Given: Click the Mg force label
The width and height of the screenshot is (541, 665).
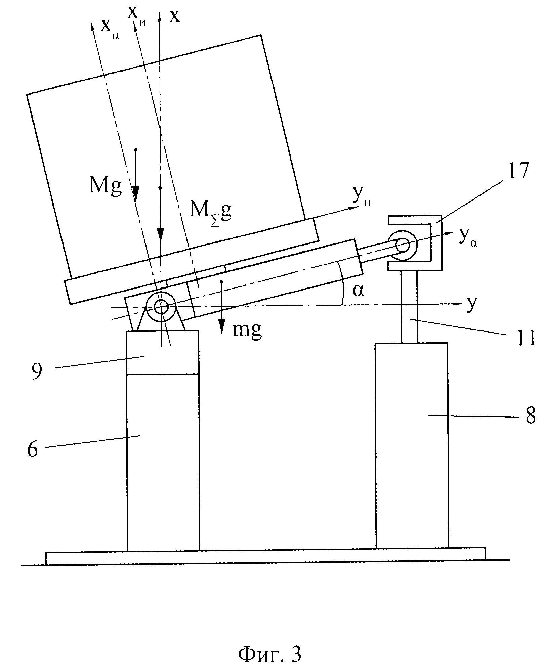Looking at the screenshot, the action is (106, 185).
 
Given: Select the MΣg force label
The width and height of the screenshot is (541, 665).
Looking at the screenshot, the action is (211, 214).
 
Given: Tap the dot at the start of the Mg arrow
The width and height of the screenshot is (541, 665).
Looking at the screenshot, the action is (136, 149).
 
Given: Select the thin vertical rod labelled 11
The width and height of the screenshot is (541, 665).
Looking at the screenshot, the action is (409, 307).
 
